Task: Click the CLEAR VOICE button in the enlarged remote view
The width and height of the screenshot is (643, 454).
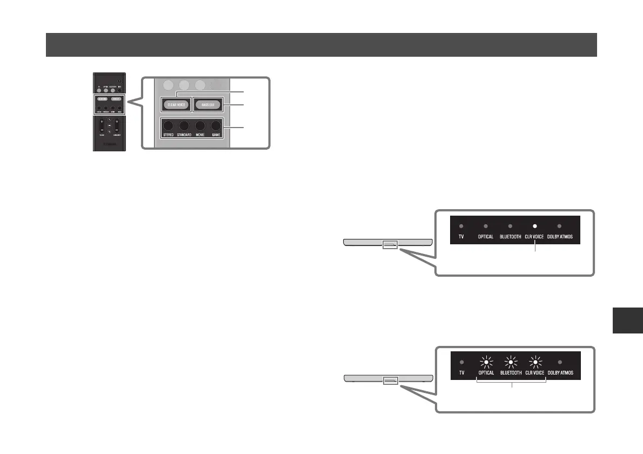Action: [175, 104]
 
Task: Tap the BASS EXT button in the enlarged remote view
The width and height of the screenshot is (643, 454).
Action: [208, 104]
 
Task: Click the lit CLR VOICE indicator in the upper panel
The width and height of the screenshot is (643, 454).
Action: [534, 227]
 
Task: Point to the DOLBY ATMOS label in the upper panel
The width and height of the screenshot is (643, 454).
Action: [560, 237]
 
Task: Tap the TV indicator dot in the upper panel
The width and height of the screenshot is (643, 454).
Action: [461, 227]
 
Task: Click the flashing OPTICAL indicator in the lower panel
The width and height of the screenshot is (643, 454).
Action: [486, 363]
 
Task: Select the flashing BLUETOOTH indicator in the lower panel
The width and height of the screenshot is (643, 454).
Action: [510, 363]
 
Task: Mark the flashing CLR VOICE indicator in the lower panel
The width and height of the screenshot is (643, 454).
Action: [534, 363]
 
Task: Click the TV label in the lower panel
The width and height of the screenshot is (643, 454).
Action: [461, 373]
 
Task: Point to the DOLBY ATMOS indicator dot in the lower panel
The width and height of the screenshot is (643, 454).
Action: [560, 363]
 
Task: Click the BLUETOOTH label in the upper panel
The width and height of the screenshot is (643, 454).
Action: [510, 237]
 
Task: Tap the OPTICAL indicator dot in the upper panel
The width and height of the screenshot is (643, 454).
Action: [486, 227]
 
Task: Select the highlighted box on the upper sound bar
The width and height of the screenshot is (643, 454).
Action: [390, 245]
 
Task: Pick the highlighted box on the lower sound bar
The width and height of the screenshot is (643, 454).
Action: [390, 380]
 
